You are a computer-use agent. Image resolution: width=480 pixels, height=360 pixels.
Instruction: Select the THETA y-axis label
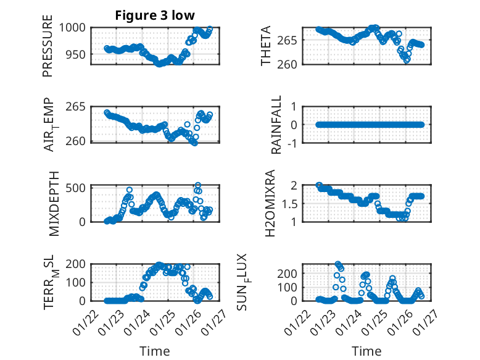click(266, 46)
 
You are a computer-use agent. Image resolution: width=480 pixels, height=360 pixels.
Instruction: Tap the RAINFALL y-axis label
click(277, 125)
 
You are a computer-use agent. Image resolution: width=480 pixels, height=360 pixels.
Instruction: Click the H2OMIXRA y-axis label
click(271, 203)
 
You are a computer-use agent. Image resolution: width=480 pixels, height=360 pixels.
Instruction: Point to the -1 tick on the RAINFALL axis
click(292, 143)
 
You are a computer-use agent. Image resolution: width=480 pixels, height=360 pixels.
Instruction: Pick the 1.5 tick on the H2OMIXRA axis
click(289, 203)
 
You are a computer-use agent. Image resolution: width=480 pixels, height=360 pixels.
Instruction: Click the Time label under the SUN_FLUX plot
click(366, 351)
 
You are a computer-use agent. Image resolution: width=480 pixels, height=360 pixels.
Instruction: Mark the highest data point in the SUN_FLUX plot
click(337, 264)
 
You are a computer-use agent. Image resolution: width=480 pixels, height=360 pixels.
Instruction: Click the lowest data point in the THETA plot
click(407, 60)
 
